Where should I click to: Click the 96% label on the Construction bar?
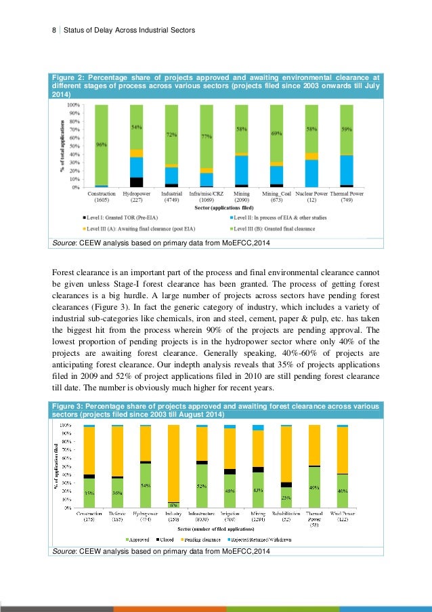[x=101, y=144]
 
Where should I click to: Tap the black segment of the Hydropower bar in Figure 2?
[x=137, y=182]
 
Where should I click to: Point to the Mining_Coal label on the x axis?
[x=276, y=194]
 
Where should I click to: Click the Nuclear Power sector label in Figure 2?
[x=311, y=194]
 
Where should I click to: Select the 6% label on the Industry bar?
[x=174, y=504]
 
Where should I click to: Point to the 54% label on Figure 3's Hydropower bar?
[x=145, y=486]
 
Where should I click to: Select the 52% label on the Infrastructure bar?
[x=202, y=486]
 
